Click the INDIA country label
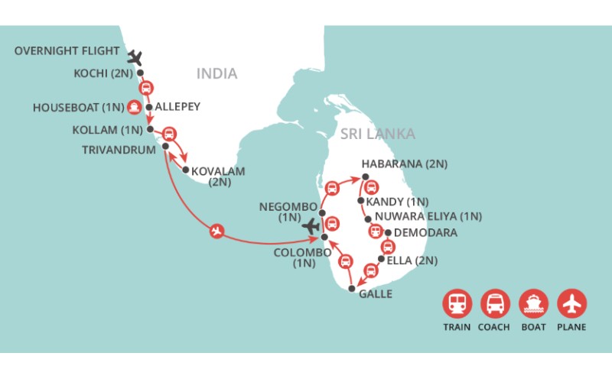217,74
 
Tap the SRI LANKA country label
378,134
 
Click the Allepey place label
177,107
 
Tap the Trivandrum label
121,147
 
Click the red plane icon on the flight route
218,230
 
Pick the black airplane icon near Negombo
311,226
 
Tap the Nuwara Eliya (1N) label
428,217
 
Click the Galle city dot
351,289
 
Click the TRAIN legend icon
457,303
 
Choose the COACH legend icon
495,303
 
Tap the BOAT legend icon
533,303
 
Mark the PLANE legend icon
571,303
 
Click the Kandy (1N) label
398,202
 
